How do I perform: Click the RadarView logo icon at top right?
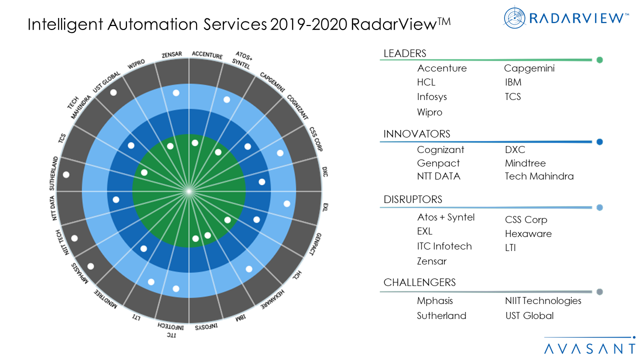[514, 17]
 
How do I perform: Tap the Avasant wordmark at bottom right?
[589, 348]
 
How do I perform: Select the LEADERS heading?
[404, 53]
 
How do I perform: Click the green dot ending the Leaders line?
[599, 60]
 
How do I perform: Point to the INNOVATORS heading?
[416, 134]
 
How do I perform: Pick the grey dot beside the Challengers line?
[599, 292]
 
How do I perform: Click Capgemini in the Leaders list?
[529, 68]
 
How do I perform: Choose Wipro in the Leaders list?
[429, 112]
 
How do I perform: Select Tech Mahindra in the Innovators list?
[539, 176]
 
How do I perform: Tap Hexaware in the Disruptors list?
[528, 233]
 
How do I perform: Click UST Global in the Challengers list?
[529, 315]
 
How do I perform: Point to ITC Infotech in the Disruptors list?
[444, 246]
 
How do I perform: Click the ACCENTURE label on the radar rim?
[207, 55]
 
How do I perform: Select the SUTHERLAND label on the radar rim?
[53, 173]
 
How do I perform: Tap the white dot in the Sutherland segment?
[66, 175]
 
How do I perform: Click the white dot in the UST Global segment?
[113, 92]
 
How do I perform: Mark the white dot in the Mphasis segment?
[91, 266]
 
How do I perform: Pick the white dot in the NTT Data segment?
[116, 199]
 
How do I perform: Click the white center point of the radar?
[189, 191]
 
